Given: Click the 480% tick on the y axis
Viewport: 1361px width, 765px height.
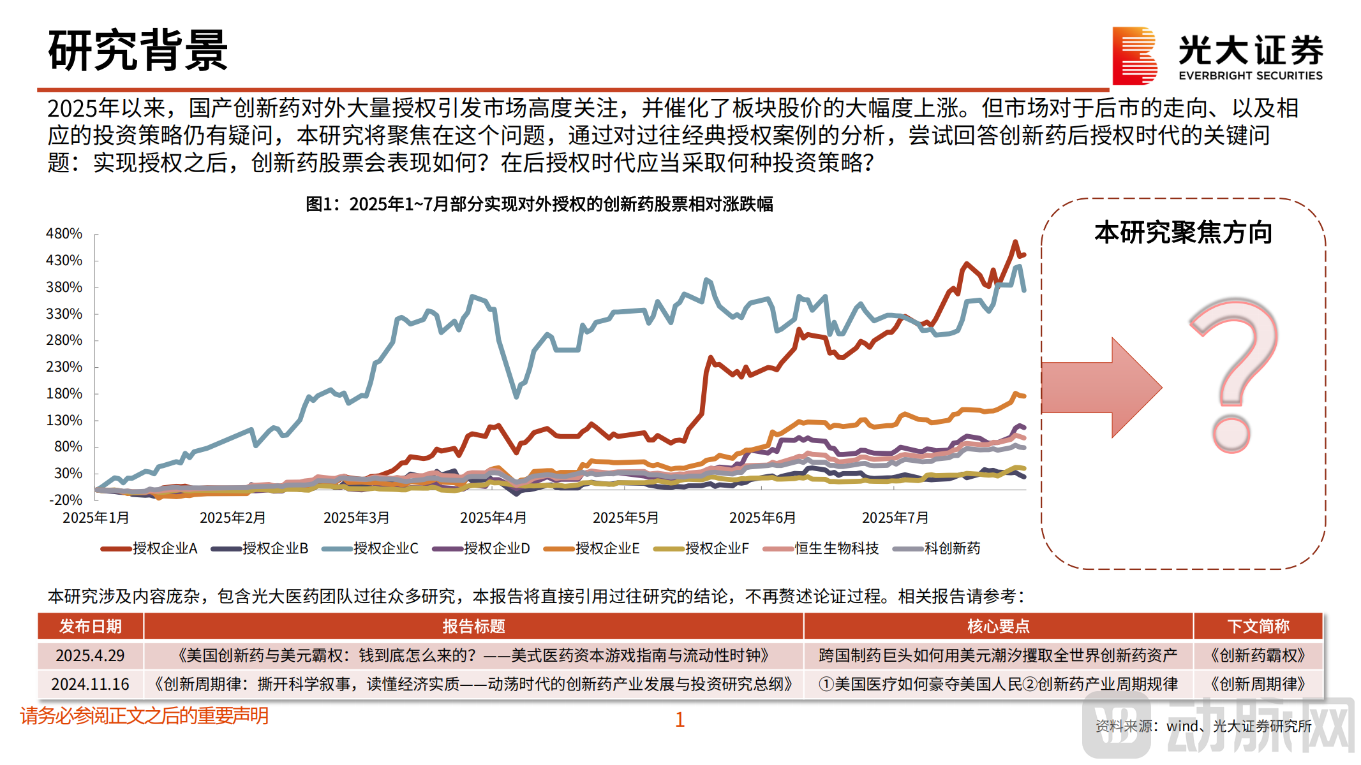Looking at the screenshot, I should coord(64,234).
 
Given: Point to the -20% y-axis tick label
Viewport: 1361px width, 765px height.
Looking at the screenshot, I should coord(66,500).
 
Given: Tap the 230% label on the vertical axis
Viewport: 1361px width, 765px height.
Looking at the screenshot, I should coord(64,367).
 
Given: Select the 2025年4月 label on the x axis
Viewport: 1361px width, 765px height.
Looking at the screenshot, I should coord(493,518).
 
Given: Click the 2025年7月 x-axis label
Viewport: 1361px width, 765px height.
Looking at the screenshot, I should coord(895,518).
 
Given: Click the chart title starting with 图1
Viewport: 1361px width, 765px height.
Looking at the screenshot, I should coord(539,204).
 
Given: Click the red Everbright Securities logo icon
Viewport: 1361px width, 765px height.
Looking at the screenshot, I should coord(1134,56).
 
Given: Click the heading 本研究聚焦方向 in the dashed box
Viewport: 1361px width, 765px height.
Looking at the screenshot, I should coord(1184,233).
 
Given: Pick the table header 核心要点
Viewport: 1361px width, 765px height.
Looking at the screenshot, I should coord(998,627).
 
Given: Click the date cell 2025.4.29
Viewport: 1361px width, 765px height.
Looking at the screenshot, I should coord(90,655).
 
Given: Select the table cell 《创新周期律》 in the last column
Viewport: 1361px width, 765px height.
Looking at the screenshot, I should coord(1258,684).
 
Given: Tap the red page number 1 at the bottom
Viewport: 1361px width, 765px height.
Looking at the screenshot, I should coord(680,720).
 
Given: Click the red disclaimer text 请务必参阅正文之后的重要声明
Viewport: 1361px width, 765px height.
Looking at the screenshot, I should coord(144,716).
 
